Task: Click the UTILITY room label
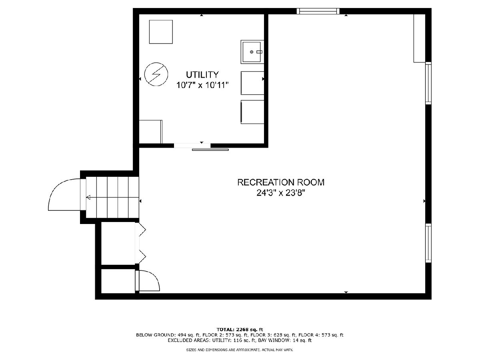click(x=202, y=75)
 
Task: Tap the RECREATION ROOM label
click(x=281, y=182)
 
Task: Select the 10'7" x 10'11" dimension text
click(x=202, y=85)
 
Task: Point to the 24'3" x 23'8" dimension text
click(x=281, y=193)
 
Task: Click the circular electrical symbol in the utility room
click(x=156, y=74)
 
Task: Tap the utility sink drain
click(x=252, y=52)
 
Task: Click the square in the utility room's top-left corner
click(x=161, y=32)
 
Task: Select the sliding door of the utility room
click(x=210, y=150)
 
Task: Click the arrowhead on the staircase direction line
click(x=88, y=198)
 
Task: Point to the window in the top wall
click(x=318, y=11)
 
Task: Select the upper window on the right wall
click(x=428, y=83)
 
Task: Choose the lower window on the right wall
click(x=428, y=243)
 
